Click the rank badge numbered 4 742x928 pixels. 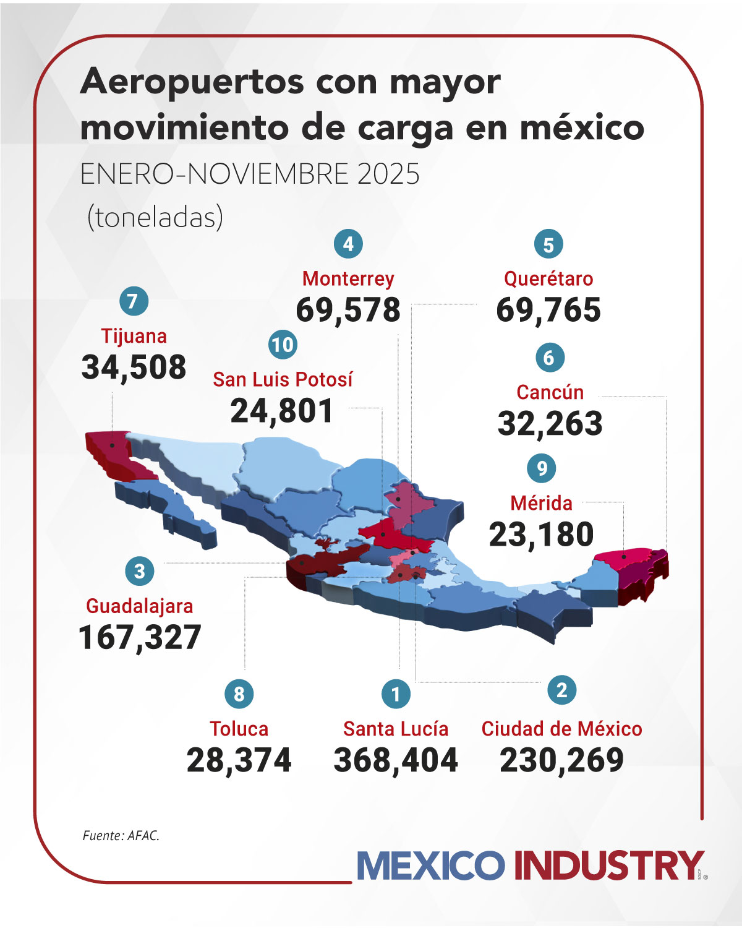click(x=348, y=244)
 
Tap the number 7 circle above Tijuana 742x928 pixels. click(x=134, y=301)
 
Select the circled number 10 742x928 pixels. click(x=283, y=345)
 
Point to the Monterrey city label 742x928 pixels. click(x=348, y=278)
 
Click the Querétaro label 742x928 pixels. click(x=548, y=278)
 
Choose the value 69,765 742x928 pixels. click(x=548, y=310)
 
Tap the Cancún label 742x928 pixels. click(x=550, y=392)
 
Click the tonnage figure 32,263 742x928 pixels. click(x=550, y=424)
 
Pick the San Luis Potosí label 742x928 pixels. click(x=283, y=379)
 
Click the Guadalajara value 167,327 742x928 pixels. click(x=140, y=637)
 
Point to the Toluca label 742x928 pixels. click(x=239, y=729)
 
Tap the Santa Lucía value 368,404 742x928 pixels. click(x=396, y=760)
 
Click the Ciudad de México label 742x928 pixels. click(x=561, y=729)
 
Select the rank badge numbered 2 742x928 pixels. click(x=561, y=690)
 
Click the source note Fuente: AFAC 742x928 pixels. click(x=121, y=836)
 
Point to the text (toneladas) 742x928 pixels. click(x=155, y=217)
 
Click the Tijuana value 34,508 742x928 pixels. click(x=134, y=367)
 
